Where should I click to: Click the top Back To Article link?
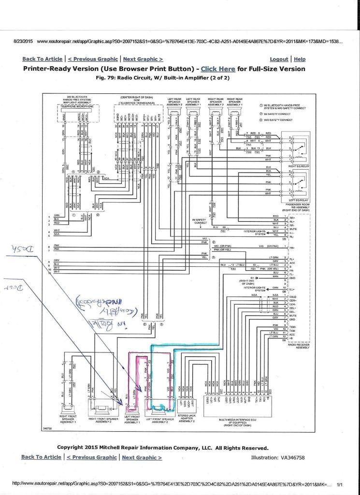point(42,59)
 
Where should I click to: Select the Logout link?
point(279,59)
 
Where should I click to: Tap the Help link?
point(300,59)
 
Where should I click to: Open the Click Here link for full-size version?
point(218,69)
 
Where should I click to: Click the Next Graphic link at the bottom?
point(142,457)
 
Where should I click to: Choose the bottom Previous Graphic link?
point(92,457)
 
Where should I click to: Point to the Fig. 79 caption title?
point(163,77)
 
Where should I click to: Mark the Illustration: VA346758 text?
point(278,457)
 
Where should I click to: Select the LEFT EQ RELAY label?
point(298,199)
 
